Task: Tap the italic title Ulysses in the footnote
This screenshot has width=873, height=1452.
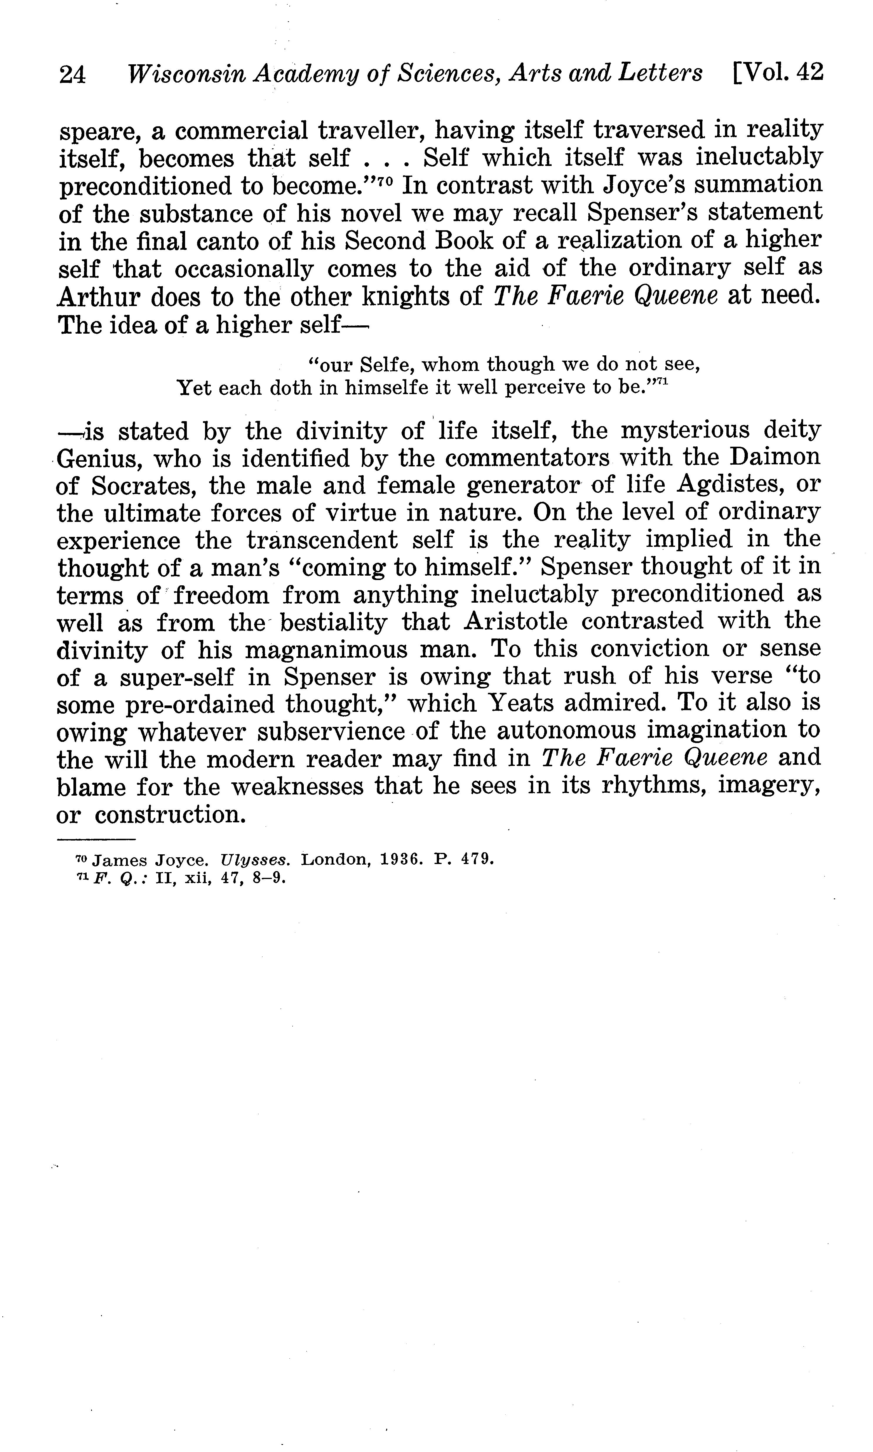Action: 254,861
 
